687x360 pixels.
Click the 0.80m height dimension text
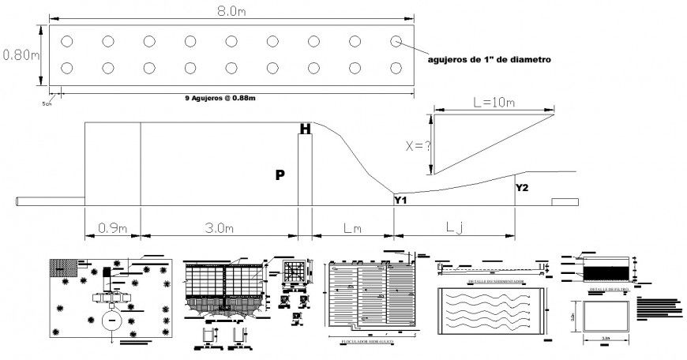click(21, 54)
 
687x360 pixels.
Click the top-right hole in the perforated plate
click(396, 41)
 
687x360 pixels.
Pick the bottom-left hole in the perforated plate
click(66, 69)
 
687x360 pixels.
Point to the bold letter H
click(305, 129)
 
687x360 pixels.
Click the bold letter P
click(280, 175)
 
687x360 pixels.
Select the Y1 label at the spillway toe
click(400, 201)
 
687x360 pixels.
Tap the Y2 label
click(522, 188)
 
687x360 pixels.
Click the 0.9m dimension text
click(112, 229)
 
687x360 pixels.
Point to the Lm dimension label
click(352, 229)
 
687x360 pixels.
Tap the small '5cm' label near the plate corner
click(47, 103)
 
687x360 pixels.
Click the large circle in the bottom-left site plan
click(111, 321)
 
